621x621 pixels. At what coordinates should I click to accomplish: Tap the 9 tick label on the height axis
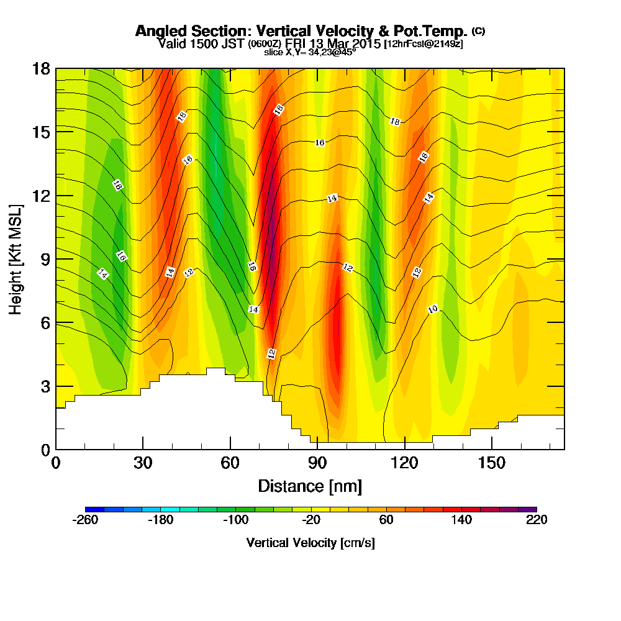click(45, 259)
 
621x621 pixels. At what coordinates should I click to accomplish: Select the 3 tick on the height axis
click(45, 386)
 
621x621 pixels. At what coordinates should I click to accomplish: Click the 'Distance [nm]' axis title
click(310, 486)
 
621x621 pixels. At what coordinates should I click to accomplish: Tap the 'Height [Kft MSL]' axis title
click(16, 258)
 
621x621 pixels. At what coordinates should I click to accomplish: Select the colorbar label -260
click(85, 520)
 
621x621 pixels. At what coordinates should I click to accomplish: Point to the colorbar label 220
click(537, 520)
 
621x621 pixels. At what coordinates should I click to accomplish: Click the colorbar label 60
click(386, 520)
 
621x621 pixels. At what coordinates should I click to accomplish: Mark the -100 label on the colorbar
click(235, 520)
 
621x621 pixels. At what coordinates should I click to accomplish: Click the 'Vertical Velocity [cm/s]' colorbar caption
click(310, 543)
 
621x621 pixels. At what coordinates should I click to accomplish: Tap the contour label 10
click(433, 309)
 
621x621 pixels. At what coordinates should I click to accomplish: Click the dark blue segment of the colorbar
click(94, 509)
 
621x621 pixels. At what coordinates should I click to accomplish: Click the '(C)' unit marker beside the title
click(478, 31)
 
